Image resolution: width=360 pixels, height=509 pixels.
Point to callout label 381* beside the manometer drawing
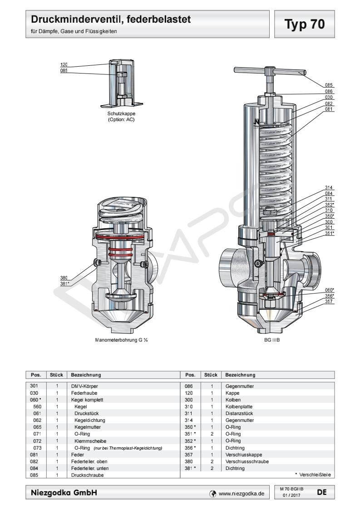(x=64, y=284)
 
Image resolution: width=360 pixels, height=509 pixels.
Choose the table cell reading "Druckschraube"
(x=85, y=475)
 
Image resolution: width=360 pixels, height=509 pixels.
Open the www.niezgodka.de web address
(x=241, y=493)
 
